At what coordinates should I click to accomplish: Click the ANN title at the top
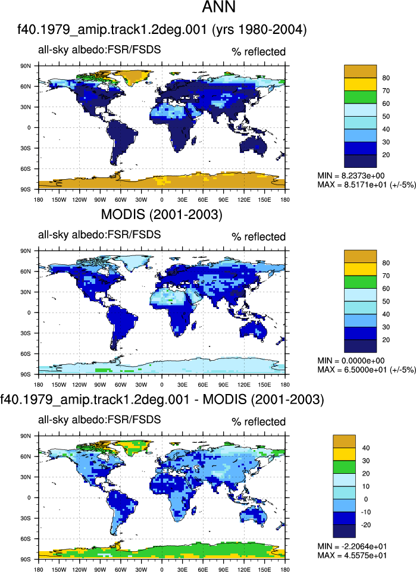point(219,7)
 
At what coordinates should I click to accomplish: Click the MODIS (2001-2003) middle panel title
point(161,214)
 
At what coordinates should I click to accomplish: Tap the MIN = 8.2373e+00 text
point(351,176)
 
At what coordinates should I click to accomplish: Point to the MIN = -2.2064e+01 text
point(352,546)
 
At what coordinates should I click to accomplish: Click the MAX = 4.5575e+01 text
point(352,555)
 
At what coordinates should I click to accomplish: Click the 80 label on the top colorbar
point(386,78)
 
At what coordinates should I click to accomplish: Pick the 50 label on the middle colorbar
point(386,301)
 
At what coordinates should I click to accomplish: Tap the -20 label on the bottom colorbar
point(365,525)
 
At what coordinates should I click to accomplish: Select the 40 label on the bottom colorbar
point(365,448)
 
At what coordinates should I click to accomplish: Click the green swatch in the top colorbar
point(360,97)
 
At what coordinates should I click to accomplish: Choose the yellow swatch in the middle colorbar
point(360,269)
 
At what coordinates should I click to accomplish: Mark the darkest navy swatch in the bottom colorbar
point(344,531)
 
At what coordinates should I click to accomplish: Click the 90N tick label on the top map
point(26,66)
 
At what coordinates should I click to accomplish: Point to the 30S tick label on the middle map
point(26,333)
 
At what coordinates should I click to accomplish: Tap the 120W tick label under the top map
point(80,199)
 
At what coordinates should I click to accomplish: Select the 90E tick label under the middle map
point(224,385)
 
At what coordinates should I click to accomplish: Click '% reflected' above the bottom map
point(258,421)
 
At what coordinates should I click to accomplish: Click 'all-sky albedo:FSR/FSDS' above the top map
point(99,49)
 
